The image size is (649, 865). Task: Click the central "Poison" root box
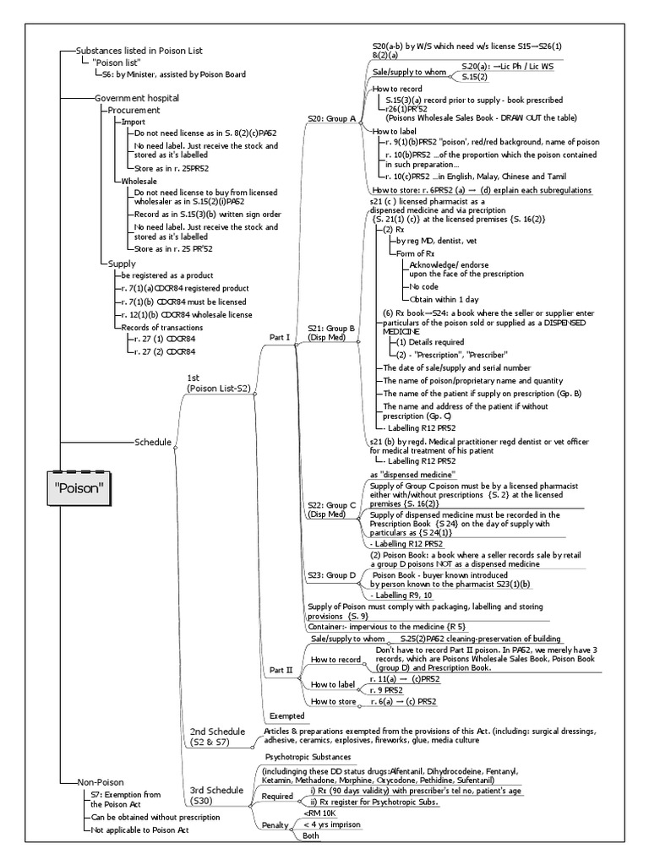point(82,487)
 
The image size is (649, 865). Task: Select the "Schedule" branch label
point(152,442)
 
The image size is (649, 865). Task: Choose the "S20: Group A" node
point(331,119)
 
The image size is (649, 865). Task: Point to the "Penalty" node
point(275,824)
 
